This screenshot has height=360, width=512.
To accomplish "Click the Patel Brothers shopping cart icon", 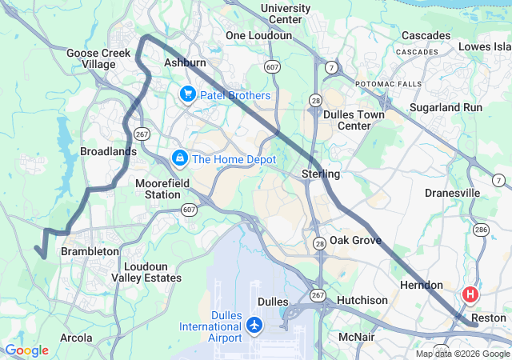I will (x=188, y=95).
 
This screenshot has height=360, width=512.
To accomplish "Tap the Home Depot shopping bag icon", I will (x=180, y=158).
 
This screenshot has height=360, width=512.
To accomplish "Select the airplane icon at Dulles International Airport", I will (x=254, y=325).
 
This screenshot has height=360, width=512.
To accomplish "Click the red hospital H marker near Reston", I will (x=470, y=294).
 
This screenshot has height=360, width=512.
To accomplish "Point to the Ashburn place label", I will (x=185, y=62).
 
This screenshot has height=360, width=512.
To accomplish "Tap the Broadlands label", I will (x=108, y=151).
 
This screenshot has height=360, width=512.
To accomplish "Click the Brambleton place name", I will (x=90, y=251).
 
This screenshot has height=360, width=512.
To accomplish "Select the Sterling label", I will (x=321, y=174).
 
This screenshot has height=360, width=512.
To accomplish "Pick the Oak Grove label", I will (x=355, y=240).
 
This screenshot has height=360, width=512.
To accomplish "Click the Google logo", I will (x=26, y=350).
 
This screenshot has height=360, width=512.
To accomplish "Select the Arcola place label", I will (x=76, y=338).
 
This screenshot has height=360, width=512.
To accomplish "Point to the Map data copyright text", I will (x=462, y=354).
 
